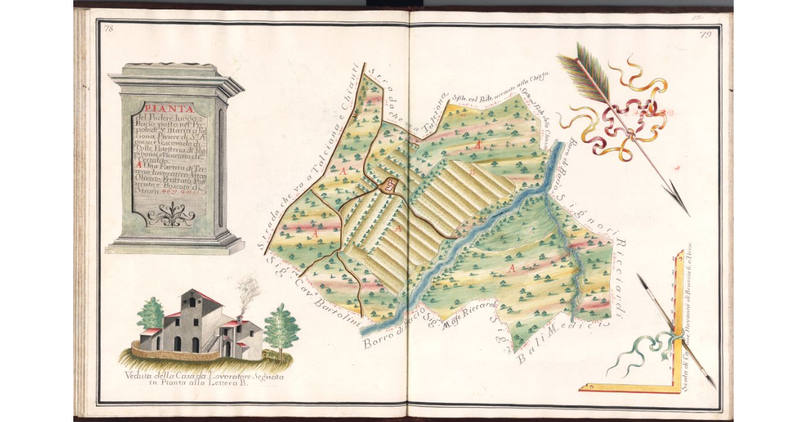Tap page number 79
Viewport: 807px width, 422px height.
click(x=705, y=35)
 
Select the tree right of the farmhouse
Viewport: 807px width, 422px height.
click(x=281, y=327)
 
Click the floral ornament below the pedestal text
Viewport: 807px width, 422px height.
click(x=171, y=216)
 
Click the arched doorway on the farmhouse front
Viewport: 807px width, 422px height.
click(x=178, y=343)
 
